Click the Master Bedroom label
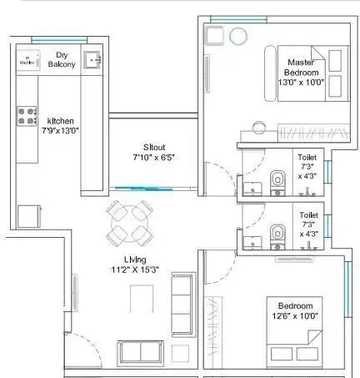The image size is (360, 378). coord(301,68)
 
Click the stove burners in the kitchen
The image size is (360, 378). coord(26,115)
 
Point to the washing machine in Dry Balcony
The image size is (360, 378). coord(27,59)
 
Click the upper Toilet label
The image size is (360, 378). coord(307,156)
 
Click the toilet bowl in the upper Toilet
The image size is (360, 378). coord(278,177)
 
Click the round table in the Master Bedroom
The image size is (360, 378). coord(239,35)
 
